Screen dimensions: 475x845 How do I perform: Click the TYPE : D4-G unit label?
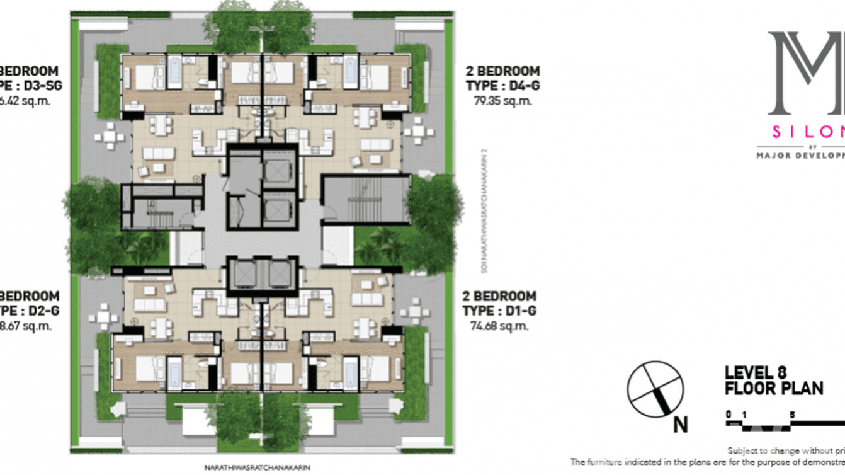(x=502, y=86)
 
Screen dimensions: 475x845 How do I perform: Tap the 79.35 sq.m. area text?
(x=502, y=100)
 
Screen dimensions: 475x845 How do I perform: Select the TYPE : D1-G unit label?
(x=499, y=311)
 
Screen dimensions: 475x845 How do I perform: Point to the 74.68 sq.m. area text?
(x=499, y=326)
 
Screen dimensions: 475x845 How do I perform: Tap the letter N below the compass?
(x=680, y=426)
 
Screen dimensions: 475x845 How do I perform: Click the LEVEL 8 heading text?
(x=756, y=373)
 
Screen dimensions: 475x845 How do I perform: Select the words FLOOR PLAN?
(x=774, y=388)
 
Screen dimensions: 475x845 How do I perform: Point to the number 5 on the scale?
(x=793, y=415)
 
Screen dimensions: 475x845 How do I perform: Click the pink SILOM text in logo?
(x=809, y=132)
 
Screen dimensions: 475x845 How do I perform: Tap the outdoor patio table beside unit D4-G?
(x=418, y=131)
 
